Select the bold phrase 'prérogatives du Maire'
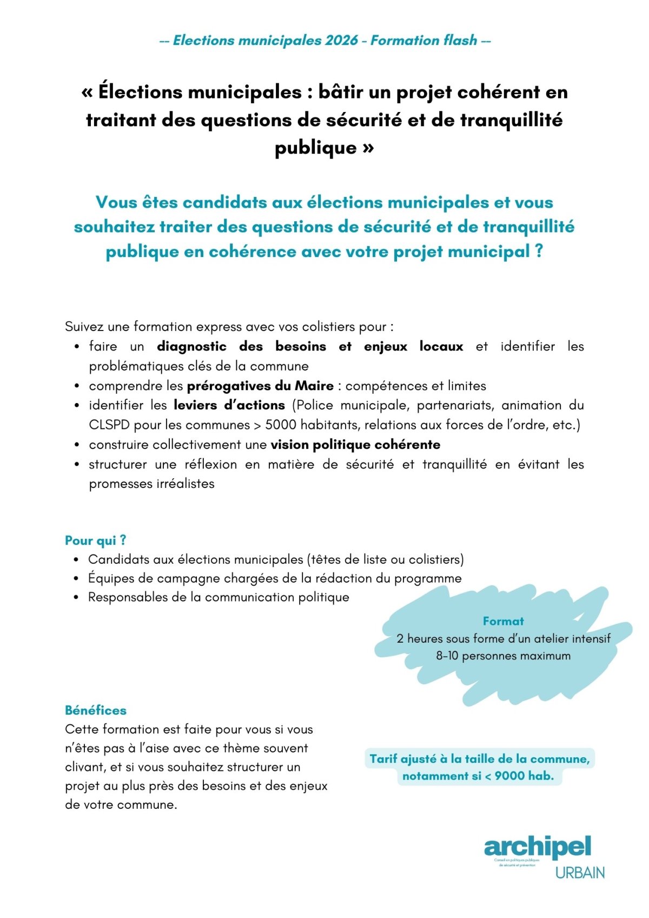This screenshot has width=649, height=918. tap(260, 386)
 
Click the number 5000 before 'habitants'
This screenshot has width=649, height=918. tap(280, 425)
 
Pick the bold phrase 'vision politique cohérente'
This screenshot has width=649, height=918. tap(355, 445)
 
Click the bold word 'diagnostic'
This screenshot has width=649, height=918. tap(191, 346)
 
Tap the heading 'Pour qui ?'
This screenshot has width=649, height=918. tap(96, 540)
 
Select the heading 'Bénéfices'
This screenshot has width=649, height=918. tap(96, 710)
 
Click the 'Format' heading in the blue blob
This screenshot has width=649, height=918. tap(503, 621)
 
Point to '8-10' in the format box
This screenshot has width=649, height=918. tap(447, 656)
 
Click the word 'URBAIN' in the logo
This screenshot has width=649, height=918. tap(580, 873)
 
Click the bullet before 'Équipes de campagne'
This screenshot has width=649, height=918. tap(77, 579)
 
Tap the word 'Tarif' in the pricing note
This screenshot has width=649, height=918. tap(383, 759)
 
